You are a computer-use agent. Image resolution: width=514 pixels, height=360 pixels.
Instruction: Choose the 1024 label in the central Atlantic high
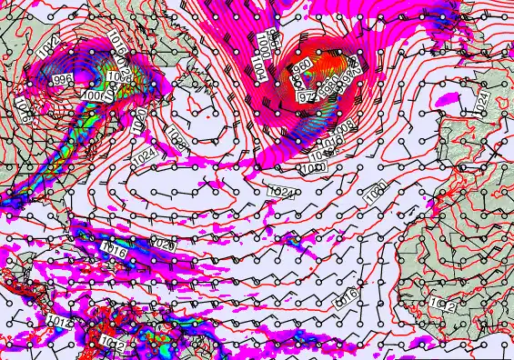pos(282,192)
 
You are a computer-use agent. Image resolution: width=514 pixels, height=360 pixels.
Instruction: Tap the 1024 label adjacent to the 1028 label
pos(143,156)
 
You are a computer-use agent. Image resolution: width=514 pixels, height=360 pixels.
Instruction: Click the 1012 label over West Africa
pos(443,305)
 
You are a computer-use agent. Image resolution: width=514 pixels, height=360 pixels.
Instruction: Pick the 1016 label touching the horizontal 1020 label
pos(115,249)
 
